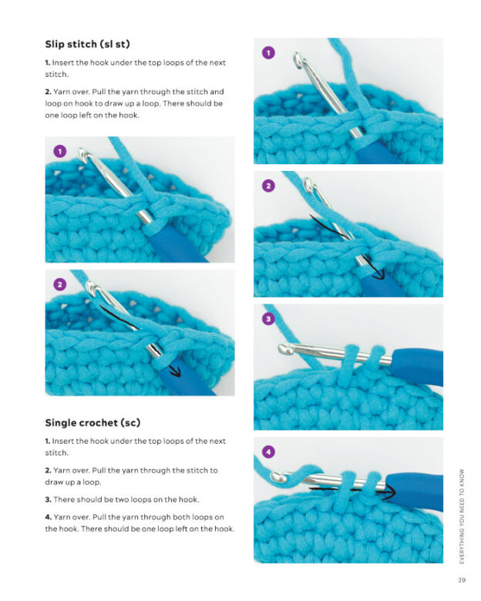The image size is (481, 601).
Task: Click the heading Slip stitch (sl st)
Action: coord(92,44)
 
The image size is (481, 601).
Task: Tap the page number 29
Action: coord(461,580)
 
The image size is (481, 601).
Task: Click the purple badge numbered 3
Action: coord(268,318)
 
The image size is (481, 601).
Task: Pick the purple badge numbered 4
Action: coord(268,452)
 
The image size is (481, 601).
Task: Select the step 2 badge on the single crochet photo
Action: coord(268,186)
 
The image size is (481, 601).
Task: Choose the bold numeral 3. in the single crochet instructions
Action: coord(48,499)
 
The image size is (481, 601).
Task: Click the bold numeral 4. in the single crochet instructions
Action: coord(48,516)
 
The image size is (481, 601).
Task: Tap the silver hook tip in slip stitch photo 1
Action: coord(84,158)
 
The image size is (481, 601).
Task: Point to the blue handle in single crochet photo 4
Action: coord(416,486)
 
